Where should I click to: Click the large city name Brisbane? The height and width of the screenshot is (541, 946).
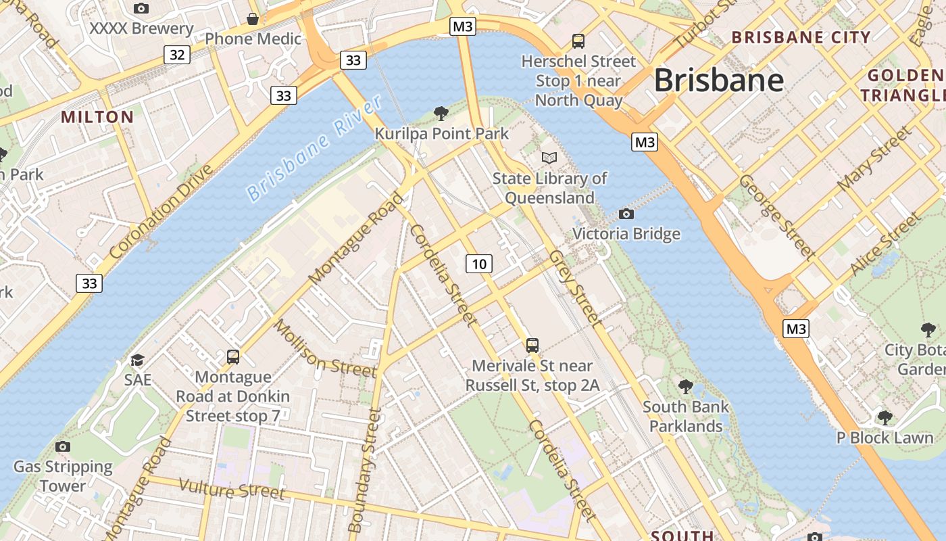pos(718,80)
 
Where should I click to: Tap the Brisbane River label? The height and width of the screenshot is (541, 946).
pos(315,149)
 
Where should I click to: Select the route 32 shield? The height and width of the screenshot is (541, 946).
pos(177,54)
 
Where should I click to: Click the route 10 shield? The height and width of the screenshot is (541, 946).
pos(478,263)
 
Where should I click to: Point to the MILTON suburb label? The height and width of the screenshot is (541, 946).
pos(97,117)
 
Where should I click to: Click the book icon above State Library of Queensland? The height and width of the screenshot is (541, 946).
pos(549,158)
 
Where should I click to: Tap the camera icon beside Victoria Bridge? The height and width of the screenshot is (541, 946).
pos(626,214)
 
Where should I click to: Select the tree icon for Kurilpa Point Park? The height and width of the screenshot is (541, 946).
pos(441,113)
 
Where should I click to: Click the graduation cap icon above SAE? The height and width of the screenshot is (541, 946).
pos(138,360)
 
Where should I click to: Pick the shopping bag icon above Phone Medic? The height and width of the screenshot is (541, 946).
pos(253,19)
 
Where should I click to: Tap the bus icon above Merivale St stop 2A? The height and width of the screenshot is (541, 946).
pos(532,346)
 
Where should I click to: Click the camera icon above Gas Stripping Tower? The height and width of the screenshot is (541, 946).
pos(63,446)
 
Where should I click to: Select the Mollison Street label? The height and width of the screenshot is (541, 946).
pos(324,349)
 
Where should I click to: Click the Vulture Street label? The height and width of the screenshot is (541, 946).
pos(232,488)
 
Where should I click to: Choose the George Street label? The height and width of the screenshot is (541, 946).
pos(777,216)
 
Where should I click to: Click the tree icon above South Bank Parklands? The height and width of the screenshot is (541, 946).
pos(686,387)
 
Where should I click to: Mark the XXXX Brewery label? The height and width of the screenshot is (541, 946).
pos(141,29)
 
